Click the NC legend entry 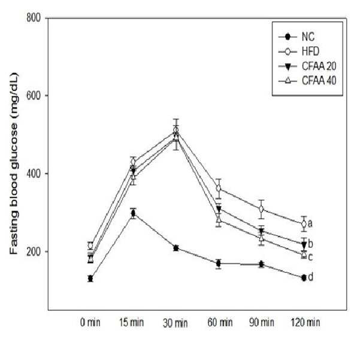(296, 37)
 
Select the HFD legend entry (299, 52)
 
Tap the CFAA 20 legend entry (307, 66)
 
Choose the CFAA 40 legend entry (307, 81)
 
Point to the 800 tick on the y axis (34, 18)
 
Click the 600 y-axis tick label (34, 95)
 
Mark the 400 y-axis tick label (34, 173)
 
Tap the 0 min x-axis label (90, 322)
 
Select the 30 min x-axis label (175, 323)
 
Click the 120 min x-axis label (305, 322)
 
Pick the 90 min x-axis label (262, 322)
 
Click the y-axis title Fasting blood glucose (14, 164)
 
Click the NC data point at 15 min (133, 214)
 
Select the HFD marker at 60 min (219, 189)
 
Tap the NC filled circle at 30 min (176, 248)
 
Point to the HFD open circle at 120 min (304, 223)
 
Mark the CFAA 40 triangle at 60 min (219, 219)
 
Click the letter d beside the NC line (310, 277)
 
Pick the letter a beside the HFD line (310, 223)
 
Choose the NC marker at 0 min (90, 279)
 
